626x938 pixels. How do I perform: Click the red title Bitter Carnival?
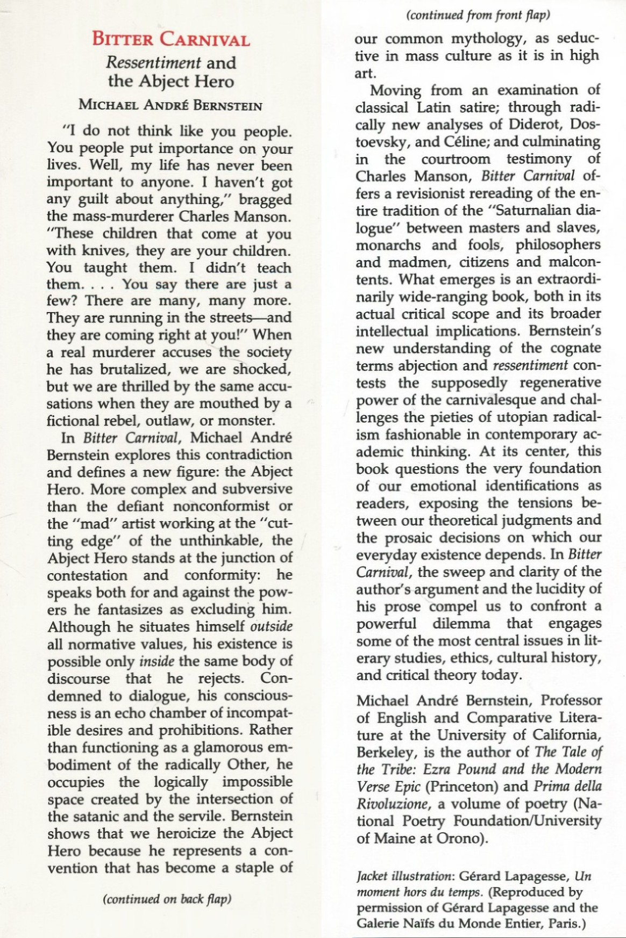coord(170,40)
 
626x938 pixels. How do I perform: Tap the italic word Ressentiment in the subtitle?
coord(153,62)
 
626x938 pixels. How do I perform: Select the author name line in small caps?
coord(170,105)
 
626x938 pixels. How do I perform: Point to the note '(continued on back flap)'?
coord(167,899)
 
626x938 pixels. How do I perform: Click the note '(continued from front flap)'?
coord(479,16)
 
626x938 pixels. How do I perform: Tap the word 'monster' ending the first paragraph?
coord(241,421)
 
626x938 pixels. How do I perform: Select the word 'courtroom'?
coord(456,159)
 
